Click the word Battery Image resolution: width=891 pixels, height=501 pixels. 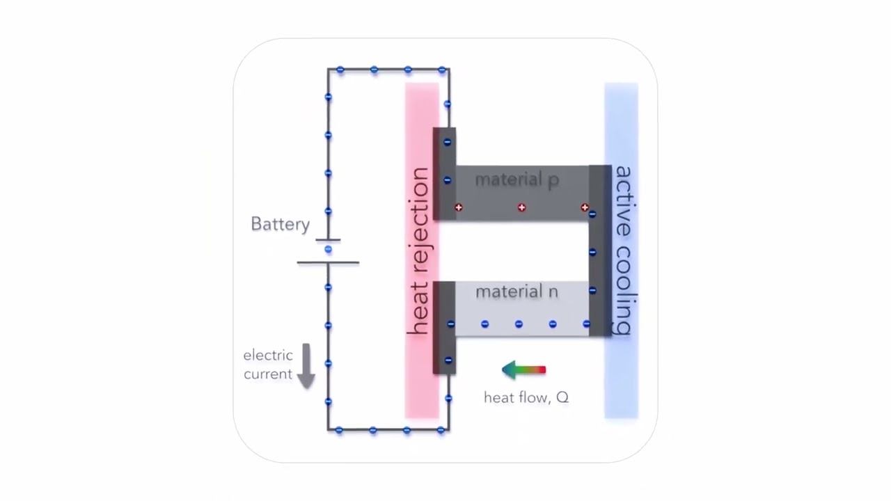[x=280, y=224]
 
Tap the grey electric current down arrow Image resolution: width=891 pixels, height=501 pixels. [x=306, y=366]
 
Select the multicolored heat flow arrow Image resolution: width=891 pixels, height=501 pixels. [x=524, y=370]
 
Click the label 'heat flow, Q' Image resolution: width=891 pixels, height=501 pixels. [x=526, y=397]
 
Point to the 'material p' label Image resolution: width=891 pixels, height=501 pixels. [x=517, y=180]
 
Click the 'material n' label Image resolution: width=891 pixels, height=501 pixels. [x=517, y=292]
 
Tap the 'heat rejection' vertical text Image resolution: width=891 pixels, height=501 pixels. [x=419, y=250]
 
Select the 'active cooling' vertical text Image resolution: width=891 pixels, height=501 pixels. [x=622, y=250]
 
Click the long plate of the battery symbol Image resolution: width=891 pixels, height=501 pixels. [x=328, y=262]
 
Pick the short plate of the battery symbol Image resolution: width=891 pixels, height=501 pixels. [x=328, y=240]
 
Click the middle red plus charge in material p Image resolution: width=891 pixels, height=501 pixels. [x=522, y=207]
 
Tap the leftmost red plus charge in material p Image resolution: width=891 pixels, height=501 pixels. [x=459, y=207]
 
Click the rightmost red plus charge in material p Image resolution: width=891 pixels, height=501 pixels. [x=585, y=207]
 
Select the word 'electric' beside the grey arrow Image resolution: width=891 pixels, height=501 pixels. [x=268, y=356]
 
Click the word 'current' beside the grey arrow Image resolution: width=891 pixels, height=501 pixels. [x=268, y=374]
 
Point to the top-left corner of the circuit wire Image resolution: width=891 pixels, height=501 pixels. [x=329, y=70]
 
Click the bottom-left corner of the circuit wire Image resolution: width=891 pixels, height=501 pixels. [x=329, y=430]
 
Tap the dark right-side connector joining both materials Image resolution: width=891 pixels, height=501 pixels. [x=600, y=250]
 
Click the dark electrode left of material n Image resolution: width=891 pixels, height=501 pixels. [x=444, y=328]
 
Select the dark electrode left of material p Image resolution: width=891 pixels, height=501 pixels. [x=444, y=174]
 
